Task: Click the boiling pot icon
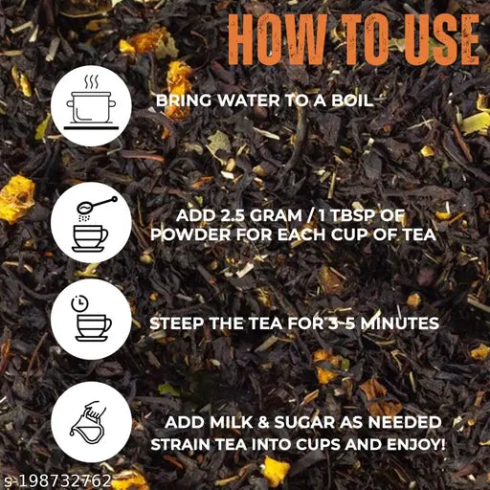(x=92, y=102)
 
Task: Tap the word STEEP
(x=176, y=323)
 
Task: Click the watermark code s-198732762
(x=57, y=479)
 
